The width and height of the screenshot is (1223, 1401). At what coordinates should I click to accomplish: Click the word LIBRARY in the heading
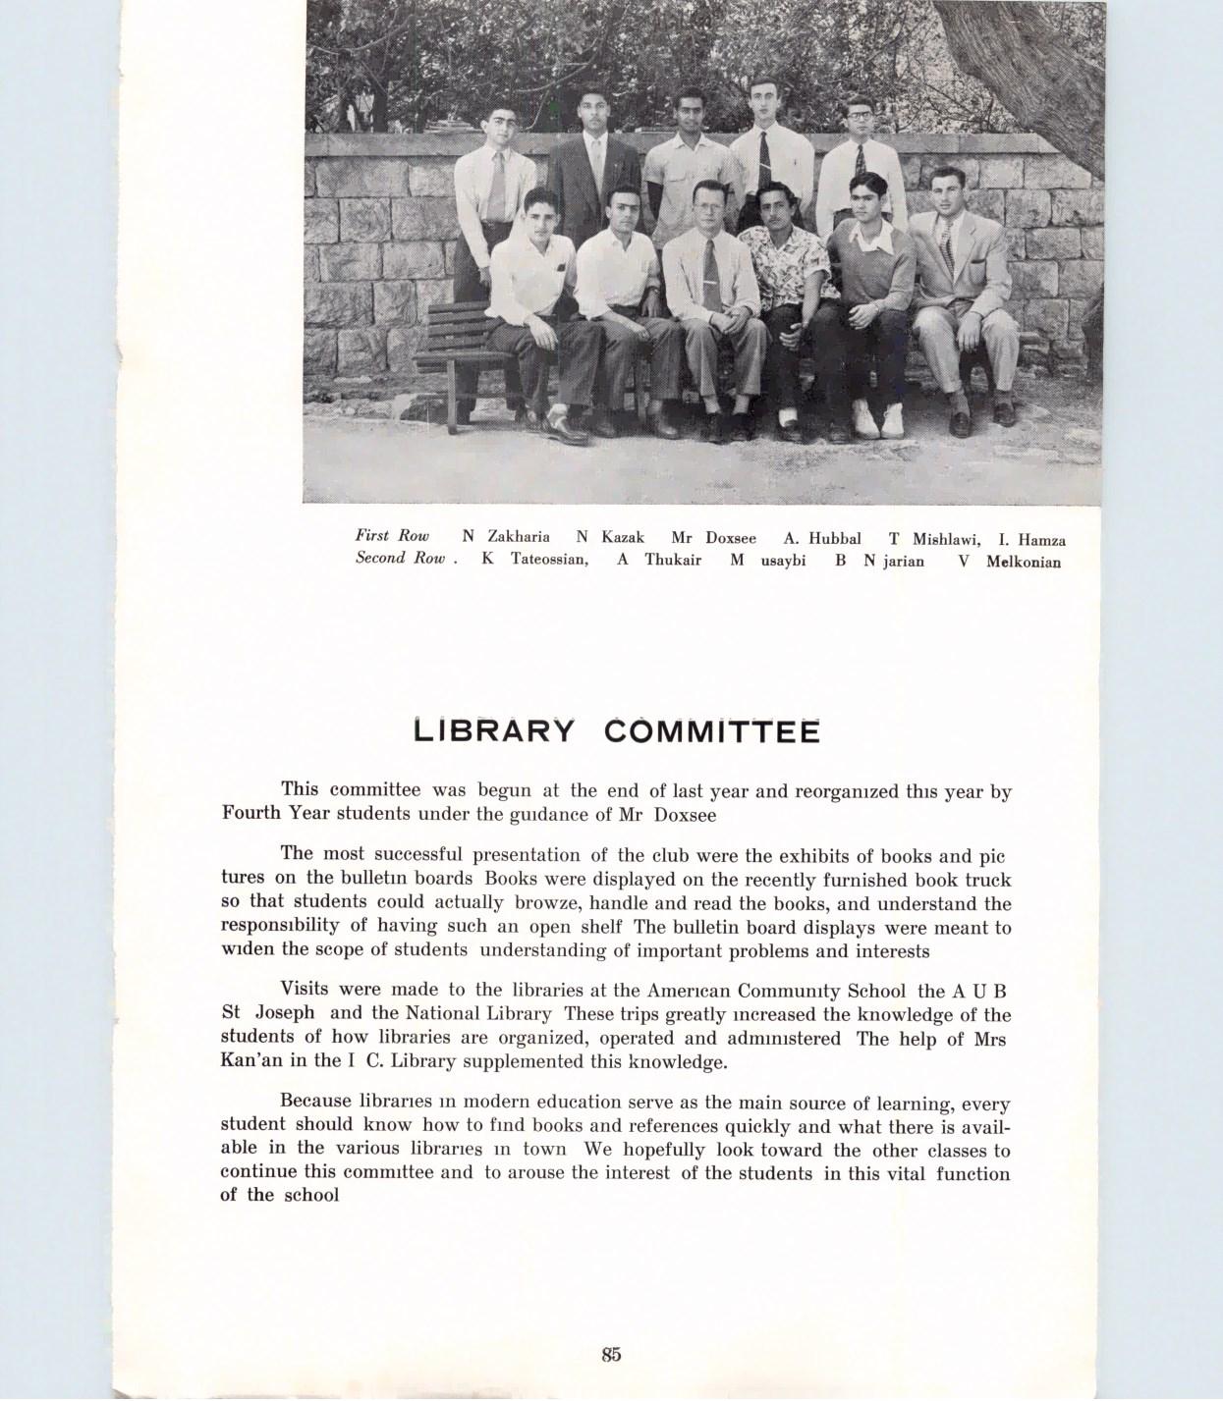493,731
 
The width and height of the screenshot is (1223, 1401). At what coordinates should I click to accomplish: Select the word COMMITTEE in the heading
711,731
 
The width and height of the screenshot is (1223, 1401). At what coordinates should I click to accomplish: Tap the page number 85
611,1354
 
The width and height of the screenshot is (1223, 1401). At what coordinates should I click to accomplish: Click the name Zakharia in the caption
519,537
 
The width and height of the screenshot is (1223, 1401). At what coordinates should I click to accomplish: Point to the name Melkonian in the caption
1024,563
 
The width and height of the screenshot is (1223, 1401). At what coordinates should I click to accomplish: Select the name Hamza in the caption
1041,539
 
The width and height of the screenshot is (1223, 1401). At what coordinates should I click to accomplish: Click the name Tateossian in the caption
549,560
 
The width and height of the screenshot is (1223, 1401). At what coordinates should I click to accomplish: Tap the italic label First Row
392,536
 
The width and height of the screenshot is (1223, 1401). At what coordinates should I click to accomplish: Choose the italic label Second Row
401,559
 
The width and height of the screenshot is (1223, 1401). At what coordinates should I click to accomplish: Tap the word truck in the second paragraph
987,881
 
